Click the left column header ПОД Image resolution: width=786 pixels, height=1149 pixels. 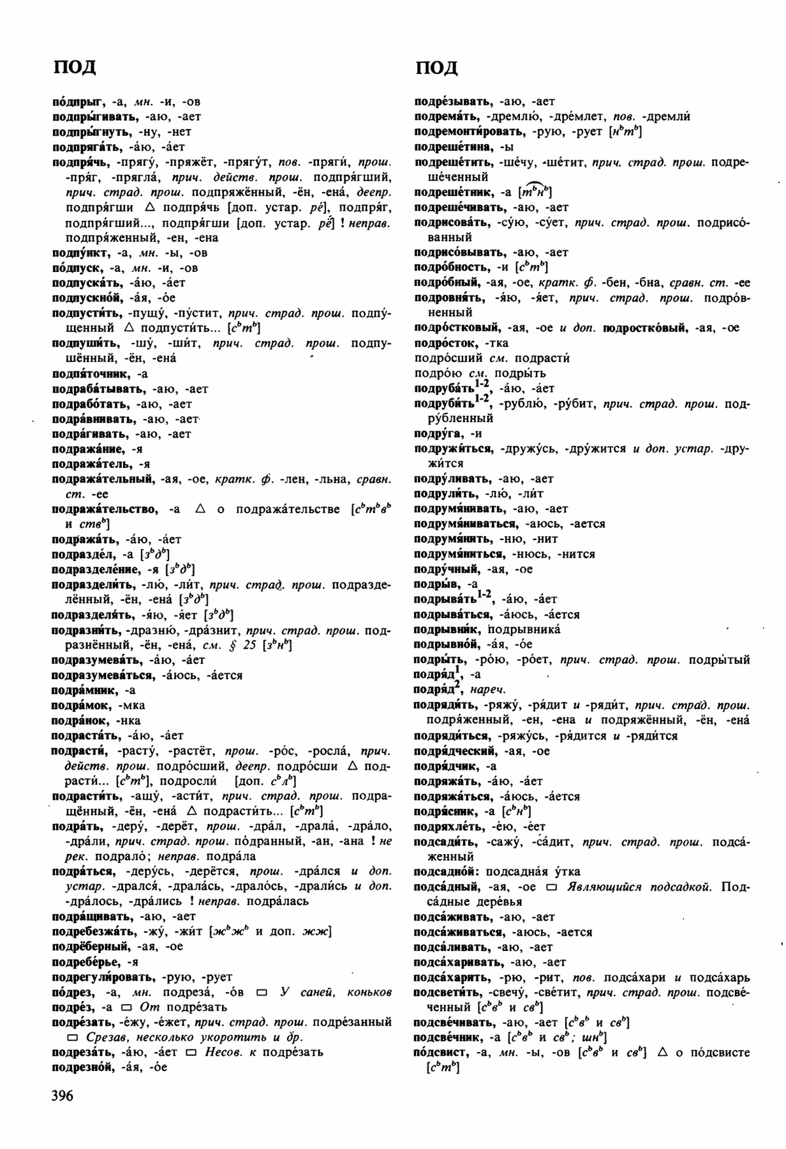75,66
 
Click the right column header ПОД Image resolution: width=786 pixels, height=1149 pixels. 437,67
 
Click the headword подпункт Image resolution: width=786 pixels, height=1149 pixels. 77,253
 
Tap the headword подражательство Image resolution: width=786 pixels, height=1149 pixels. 104,509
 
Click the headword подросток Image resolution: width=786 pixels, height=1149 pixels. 443,343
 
